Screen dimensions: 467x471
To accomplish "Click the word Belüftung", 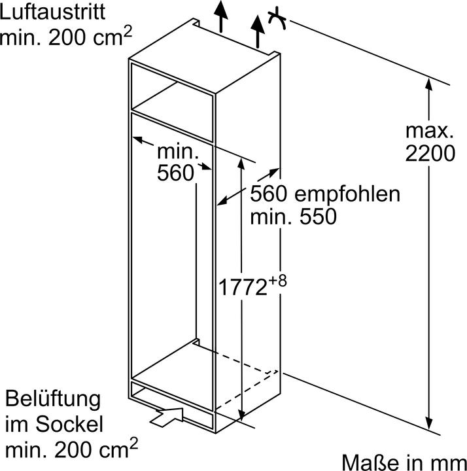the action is [53, 400].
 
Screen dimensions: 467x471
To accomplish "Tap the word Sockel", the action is [69, 424].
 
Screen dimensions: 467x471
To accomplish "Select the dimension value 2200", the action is [430, 154].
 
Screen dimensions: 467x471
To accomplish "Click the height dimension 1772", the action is [243, 287].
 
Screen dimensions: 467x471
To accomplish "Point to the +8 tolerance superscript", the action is [278, 281].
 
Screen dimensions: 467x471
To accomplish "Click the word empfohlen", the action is [347, 195].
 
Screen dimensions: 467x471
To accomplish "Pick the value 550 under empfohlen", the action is [318, 217].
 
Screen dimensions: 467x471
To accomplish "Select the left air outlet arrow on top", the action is [220, 16].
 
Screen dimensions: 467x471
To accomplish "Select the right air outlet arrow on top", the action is [258, 31].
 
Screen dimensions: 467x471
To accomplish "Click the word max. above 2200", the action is [430, 131].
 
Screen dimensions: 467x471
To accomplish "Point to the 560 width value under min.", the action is [175, 173].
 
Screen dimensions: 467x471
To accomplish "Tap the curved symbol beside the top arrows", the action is [277, 20].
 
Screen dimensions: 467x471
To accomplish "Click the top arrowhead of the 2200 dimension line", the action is [429, 84].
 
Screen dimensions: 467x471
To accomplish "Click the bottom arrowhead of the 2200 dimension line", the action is [429, 423].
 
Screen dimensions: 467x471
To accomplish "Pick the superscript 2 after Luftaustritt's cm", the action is [128, 31].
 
